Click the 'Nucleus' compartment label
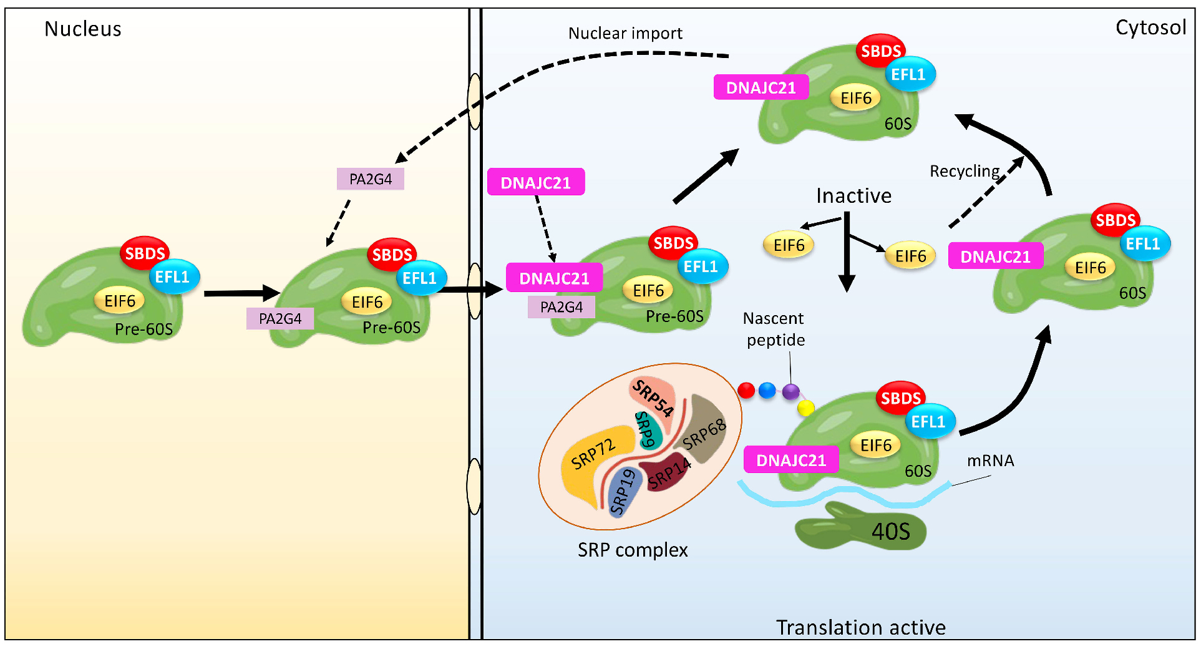pyautogui.click(x=83, y=29)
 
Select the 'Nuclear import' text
pyautogui.click(x=625, y=33)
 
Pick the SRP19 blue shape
pyautogui.click(x=625, y=494)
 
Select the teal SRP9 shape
pyautogui.click(x=647, y=430)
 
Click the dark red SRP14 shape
pyautogui.click(x=668, y=474)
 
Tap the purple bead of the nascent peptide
pyautogui.click(x=790, y=392)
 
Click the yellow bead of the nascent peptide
pyautogui.click(x=806, y=408)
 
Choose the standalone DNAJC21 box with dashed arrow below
pyautogui.click(x=535, y=182)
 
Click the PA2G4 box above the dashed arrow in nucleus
pyautogui.click(x=370, y=179)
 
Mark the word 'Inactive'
pyautogui.click(x=853, y=196)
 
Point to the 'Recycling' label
pyautogui.click(x=965, y=171)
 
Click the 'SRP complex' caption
pyautogui.click(x=632, y=550)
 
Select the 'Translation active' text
pyautogui.click(x=860, y=627)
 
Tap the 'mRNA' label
pyautogui.click(x=990, y=461)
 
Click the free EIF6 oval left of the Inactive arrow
pyautogui.click(x=789, y=245)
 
